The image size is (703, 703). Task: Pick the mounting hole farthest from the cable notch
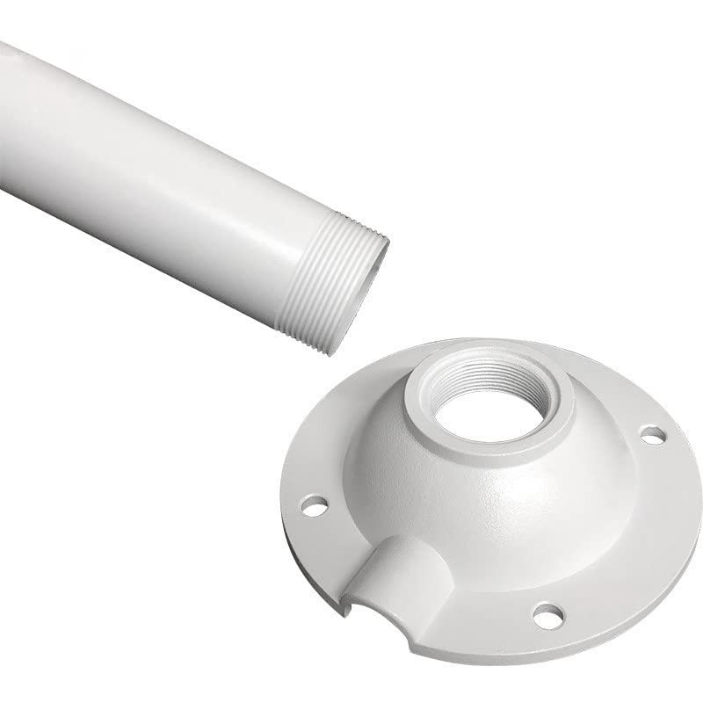(x=652, y=433)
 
